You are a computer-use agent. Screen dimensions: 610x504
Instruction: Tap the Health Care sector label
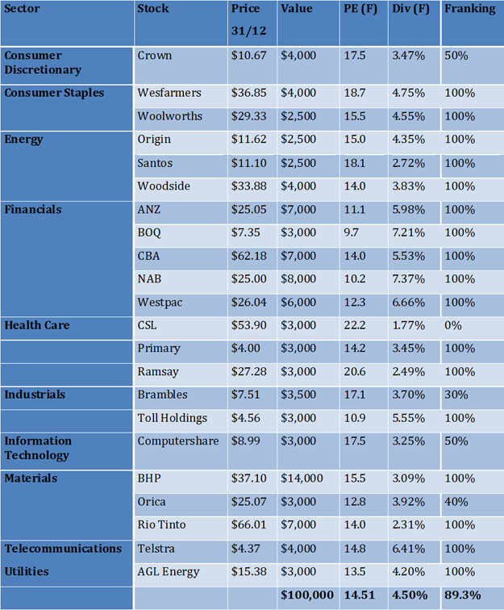pos(37,325)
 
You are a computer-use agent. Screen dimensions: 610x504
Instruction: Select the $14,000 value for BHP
pos(302,478)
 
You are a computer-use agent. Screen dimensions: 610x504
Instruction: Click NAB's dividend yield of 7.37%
pos(409,279)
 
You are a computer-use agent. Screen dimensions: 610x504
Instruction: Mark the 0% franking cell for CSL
pos(453,325)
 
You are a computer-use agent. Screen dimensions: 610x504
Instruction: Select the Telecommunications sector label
pos(63,549)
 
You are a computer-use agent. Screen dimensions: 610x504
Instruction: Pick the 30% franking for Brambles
pos(456,395)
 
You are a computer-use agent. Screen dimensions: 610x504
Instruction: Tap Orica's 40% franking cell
pos(456,502)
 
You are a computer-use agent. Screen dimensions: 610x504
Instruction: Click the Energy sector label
pos(24,139)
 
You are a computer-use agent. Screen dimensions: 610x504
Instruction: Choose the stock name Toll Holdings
pos(173,418)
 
